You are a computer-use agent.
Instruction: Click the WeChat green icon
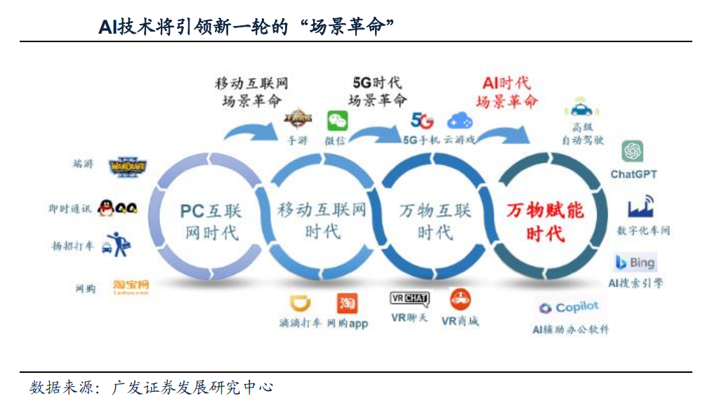point(337,121)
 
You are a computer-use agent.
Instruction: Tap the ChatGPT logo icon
point(633,151)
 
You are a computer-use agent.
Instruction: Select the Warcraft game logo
point(129,166)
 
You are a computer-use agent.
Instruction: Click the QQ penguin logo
point(117,207)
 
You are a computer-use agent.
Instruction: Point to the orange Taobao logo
point(131,286)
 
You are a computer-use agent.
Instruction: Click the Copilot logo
point(569,308)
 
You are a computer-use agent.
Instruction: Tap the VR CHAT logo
point(409,298)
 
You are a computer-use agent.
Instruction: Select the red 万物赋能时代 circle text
point(546,221)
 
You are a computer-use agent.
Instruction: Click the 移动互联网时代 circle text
point(322,220)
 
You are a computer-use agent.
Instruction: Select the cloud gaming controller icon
point(460,120)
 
